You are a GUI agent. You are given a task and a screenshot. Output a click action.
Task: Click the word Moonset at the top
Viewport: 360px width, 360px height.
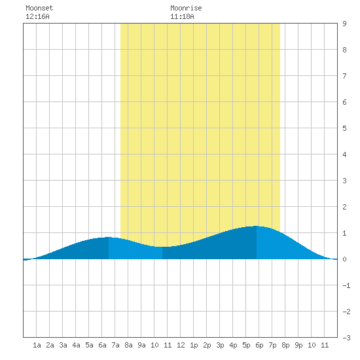[x=39, y=8]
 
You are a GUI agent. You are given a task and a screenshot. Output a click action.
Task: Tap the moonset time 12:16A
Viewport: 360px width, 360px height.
[x=37, y=16]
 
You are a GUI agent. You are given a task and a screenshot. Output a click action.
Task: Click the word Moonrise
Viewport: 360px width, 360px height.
[x=186, y=8]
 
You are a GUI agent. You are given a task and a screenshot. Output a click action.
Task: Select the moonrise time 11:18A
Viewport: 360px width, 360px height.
[x=182, y=16]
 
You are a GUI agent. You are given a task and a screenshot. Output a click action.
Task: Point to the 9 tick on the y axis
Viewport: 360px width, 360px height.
[x=344, y=24]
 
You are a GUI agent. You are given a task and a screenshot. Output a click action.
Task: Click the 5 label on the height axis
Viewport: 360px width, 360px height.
[x=344, y=128]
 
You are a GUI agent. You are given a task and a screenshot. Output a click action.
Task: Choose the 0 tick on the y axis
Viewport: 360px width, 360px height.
[x=344, y=259]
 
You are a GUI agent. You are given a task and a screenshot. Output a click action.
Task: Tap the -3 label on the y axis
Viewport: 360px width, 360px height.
[x=346, y=338]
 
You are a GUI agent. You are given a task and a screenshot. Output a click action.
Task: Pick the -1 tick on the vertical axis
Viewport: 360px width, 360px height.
[x=346, y=285]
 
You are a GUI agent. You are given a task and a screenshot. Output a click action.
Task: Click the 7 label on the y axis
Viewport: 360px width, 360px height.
[x=344, y=76]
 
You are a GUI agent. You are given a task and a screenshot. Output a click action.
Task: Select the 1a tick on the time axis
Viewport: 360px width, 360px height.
[x=37, y=345]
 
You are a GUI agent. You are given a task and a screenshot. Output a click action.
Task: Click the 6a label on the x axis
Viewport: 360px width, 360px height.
[x=102, y=345]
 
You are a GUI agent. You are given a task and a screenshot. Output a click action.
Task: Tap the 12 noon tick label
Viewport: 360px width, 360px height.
[x=181, y=345]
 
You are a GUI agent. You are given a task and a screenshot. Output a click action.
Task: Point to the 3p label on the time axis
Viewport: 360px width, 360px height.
[x=220, y=345]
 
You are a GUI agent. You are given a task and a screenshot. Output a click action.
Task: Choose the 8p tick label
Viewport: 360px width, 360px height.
[x=285, y=345]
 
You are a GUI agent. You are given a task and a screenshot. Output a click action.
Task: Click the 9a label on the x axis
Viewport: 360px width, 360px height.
[x=141, y=345]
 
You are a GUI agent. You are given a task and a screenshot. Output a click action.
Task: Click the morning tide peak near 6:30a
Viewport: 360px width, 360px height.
[x=109, y=237]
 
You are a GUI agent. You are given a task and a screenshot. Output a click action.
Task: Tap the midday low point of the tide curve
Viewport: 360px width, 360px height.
[x=162, y=247]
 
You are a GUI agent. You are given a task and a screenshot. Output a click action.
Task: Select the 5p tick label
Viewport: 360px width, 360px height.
[x=246, y=345]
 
